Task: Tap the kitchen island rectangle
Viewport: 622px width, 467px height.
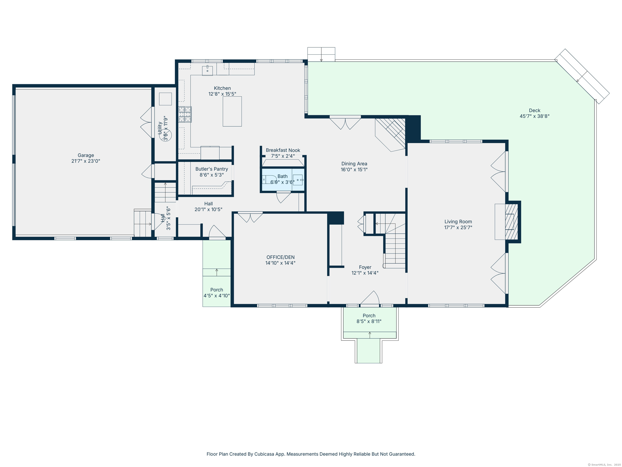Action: (x=232, y=111)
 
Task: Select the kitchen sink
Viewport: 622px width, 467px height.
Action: (x=208, y=70)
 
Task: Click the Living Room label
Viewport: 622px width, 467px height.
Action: (x=458, y=222)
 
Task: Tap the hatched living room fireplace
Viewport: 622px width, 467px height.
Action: (x=511, y=222)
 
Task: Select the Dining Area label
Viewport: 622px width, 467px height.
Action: (x=354, y=164)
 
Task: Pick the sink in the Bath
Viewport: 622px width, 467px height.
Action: (x=298, y=180)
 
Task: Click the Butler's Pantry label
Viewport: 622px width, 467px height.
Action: (x=212, y=169)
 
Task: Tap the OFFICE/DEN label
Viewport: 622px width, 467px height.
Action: (x=281, y=257)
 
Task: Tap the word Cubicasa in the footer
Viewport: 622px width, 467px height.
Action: (x=264, y=454)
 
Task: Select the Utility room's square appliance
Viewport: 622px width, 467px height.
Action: (x=165, y=99)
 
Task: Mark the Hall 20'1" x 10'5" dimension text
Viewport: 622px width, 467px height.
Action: (x=208, y=209)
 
